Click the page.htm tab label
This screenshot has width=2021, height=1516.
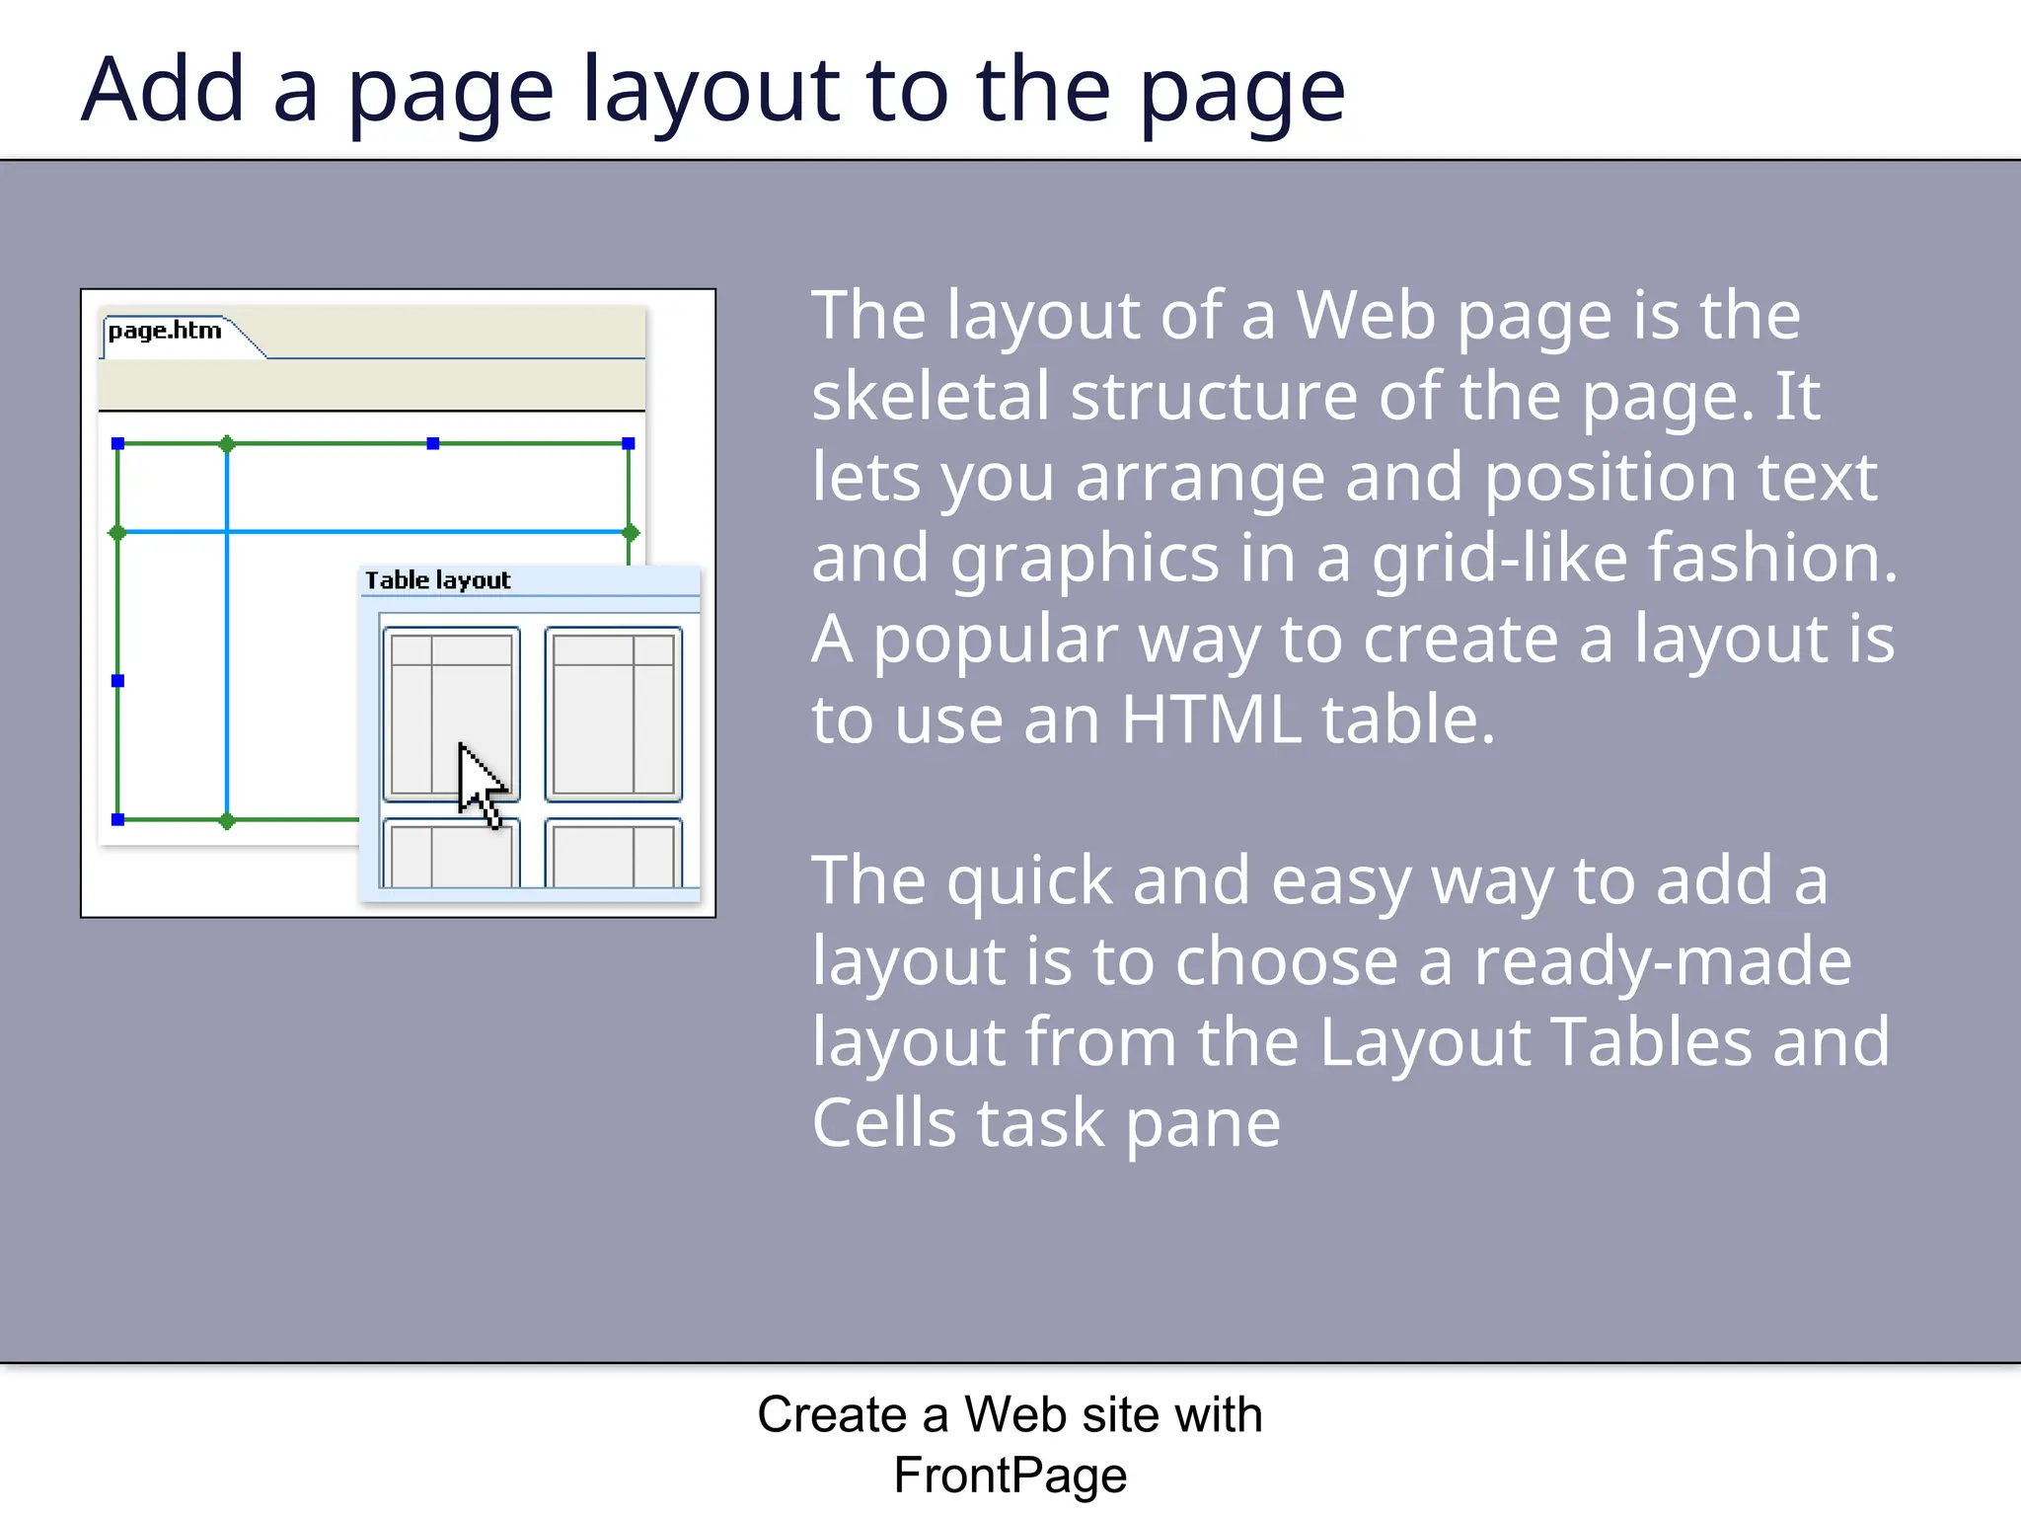[165, 331]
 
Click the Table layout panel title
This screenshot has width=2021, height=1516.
[437, 580]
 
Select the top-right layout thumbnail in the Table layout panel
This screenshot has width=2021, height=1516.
[613, 714]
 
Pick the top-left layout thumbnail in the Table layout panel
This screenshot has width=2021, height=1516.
[451, 714]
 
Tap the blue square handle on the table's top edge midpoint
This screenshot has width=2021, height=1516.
[432, 444]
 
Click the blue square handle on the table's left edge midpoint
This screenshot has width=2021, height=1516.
[117, 681]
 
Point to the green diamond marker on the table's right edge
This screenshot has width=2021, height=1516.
[631, 533]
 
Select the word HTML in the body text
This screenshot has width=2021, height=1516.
[1210, 720]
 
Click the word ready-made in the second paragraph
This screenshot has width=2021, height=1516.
[1662, 962]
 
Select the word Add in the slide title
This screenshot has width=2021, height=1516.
[163, 91]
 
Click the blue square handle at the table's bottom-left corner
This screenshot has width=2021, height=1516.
[117, 820]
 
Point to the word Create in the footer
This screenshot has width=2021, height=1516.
[831, 1415]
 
